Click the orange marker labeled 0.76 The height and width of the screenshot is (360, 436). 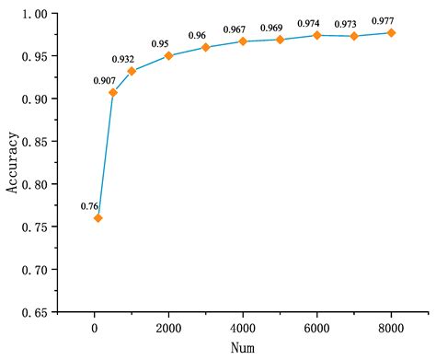tap(98, 218)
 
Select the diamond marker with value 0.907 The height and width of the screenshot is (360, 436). tap(113, 93)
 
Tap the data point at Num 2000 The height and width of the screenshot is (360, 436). tap(168, 56)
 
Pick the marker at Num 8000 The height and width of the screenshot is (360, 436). tap(391, 33)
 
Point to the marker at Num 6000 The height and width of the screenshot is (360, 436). tap(316, 35)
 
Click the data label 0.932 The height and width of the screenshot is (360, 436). tap(132, 59)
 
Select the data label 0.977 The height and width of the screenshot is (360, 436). tap(383, 20)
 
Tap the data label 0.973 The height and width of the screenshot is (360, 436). tap(354, 23)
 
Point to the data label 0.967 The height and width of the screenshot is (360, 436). tap(235, 29)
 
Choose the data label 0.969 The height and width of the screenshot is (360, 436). tap(272, 29)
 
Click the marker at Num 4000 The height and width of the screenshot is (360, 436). tap(243, 41)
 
